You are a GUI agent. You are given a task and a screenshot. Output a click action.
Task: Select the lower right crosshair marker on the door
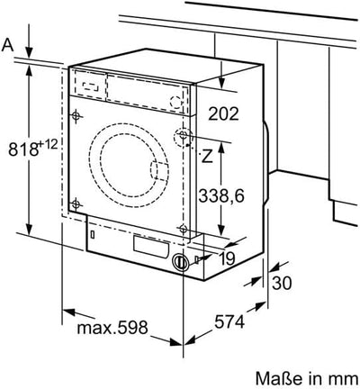click(x=183, y=230)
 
